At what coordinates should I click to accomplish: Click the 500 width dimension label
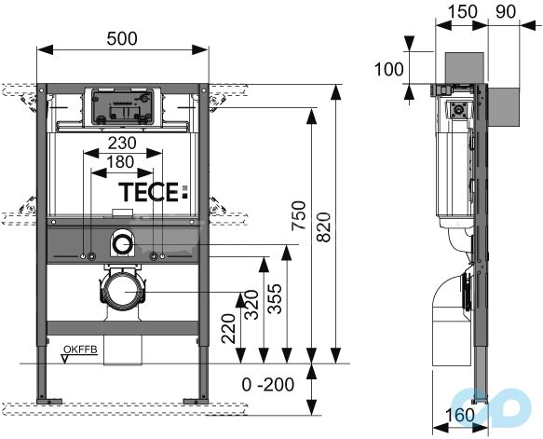pyautogui.click(x=121, y=38)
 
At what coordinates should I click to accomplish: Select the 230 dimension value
pyautogui.click(x=121, y=143)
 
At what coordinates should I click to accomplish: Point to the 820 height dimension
pyautogui.click(x=323, y=224)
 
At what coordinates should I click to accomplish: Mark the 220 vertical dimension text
pyautogui.click(x=226, y=328)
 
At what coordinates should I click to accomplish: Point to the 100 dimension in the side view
pyautogui.click(x=389, y=68)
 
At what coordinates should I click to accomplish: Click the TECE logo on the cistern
pyautogui.click(x=153, y=193)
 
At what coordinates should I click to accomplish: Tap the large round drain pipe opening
pyautogui.click(x=121, y=292)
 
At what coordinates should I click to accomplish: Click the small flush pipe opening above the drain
pyautogui.click(x=122, y=245)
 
